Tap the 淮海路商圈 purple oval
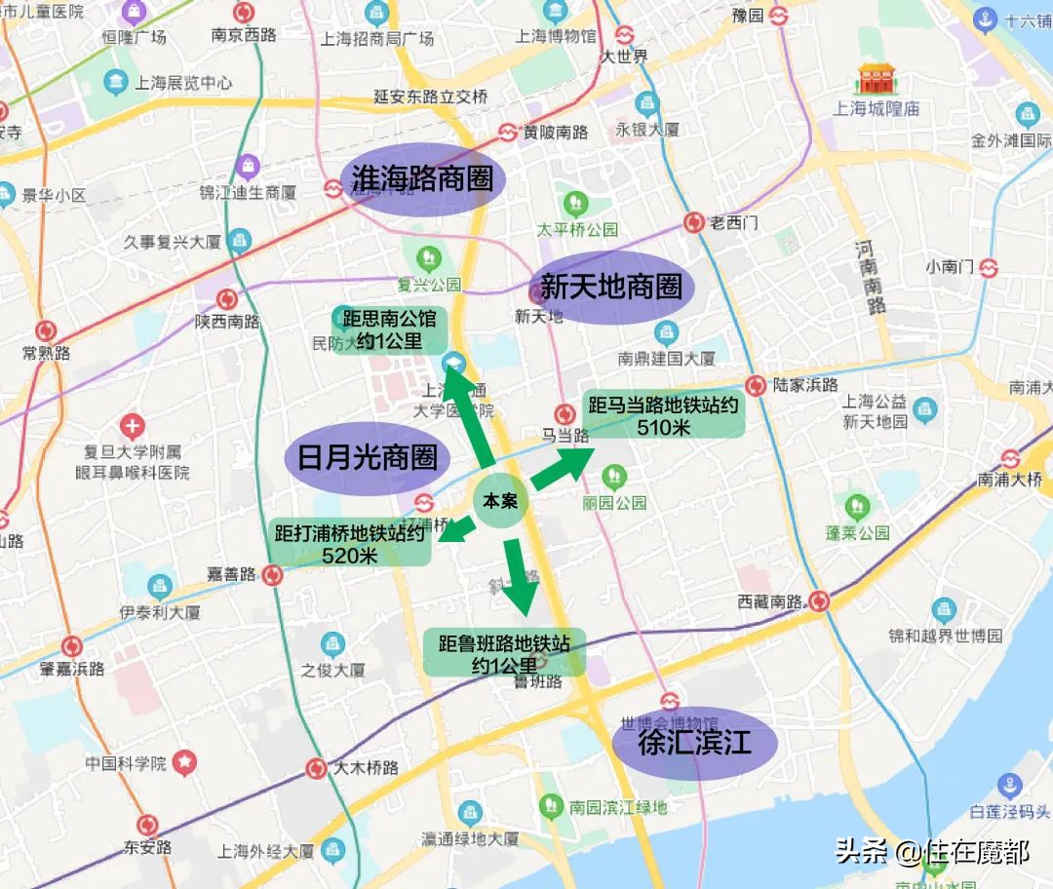(422, 180)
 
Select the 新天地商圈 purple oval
(610, 288)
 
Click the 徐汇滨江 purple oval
(694, 744)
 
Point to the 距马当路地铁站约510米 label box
(662, 415)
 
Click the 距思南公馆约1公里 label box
(389, 329)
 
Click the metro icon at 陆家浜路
(755, 385)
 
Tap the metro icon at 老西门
(693, 223)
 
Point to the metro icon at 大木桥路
(316, 768)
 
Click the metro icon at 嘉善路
(273, 574)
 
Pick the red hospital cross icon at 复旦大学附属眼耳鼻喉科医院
(133, 426)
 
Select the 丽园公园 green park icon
(614, 478)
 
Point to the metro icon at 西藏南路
(819, 601)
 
